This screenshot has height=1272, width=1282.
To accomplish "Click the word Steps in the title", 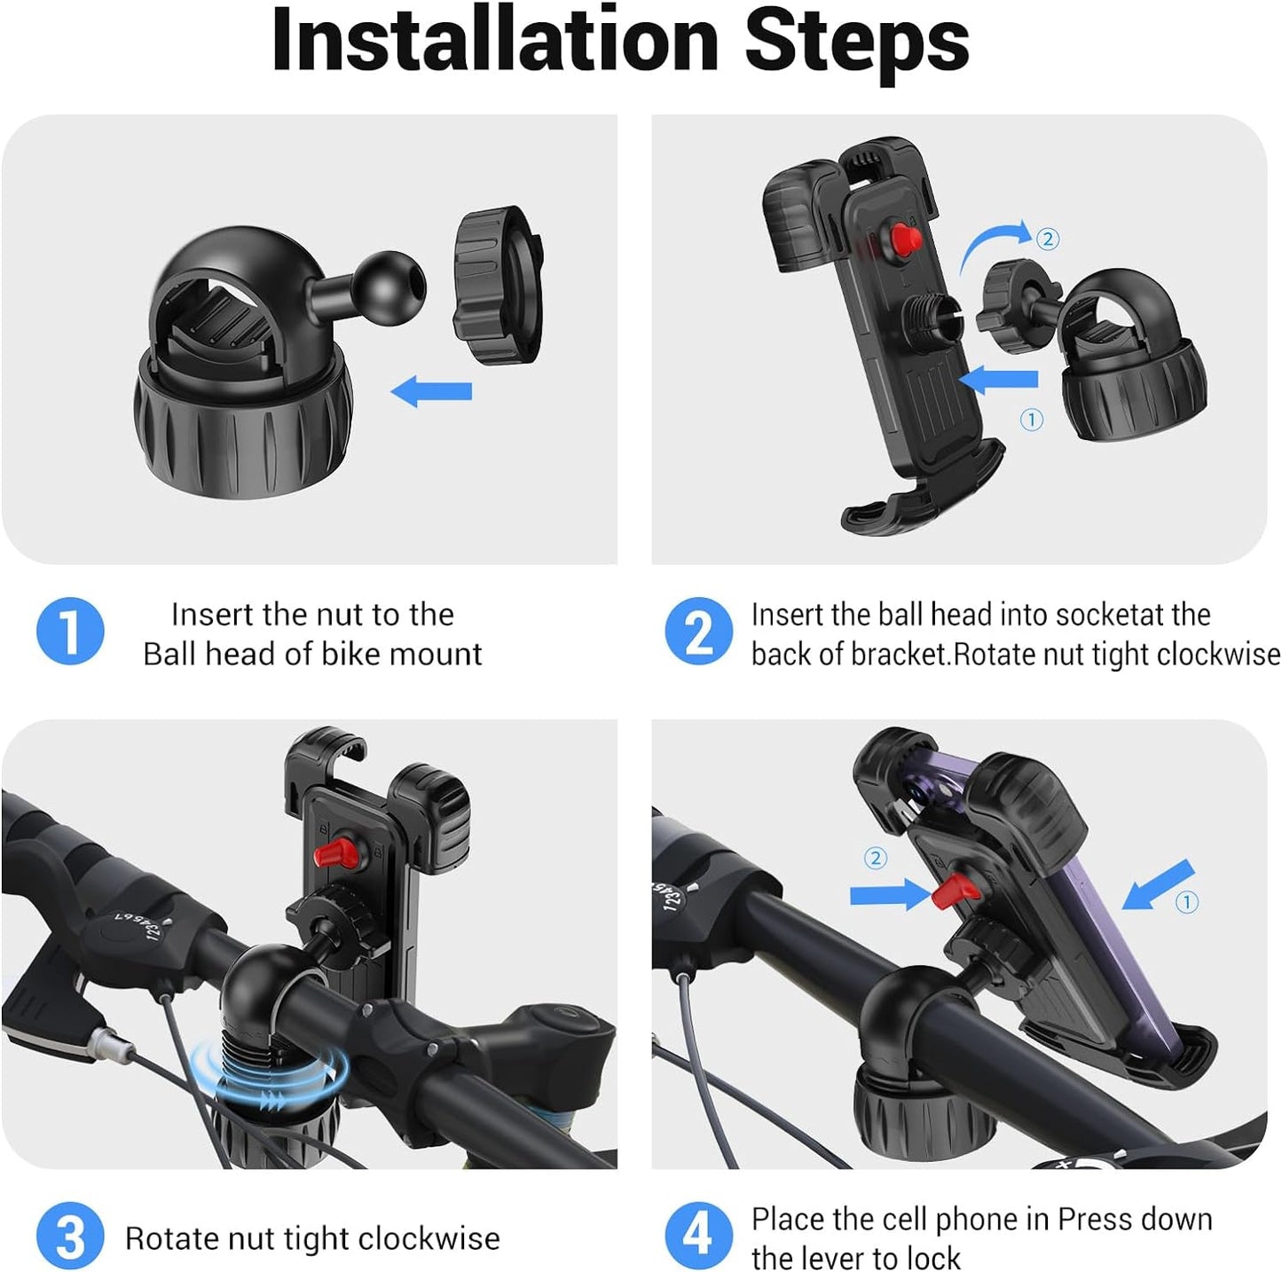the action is tap(858, 44).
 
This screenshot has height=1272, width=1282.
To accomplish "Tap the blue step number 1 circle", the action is tap(70, 631).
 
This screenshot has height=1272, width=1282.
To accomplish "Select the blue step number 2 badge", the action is tap(698, 631).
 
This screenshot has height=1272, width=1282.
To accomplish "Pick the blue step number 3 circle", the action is tap(70, 1237).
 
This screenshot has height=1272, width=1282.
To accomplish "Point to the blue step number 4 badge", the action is tap(698, 1237).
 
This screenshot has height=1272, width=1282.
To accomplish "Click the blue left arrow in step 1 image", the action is tap(431, 391).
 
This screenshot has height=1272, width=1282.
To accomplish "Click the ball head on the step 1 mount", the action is tap(389, 288).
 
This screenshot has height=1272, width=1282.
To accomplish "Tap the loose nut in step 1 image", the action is tap(497, 285).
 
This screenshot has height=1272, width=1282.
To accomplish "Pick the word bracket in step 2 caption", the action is tap(899, 655).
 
